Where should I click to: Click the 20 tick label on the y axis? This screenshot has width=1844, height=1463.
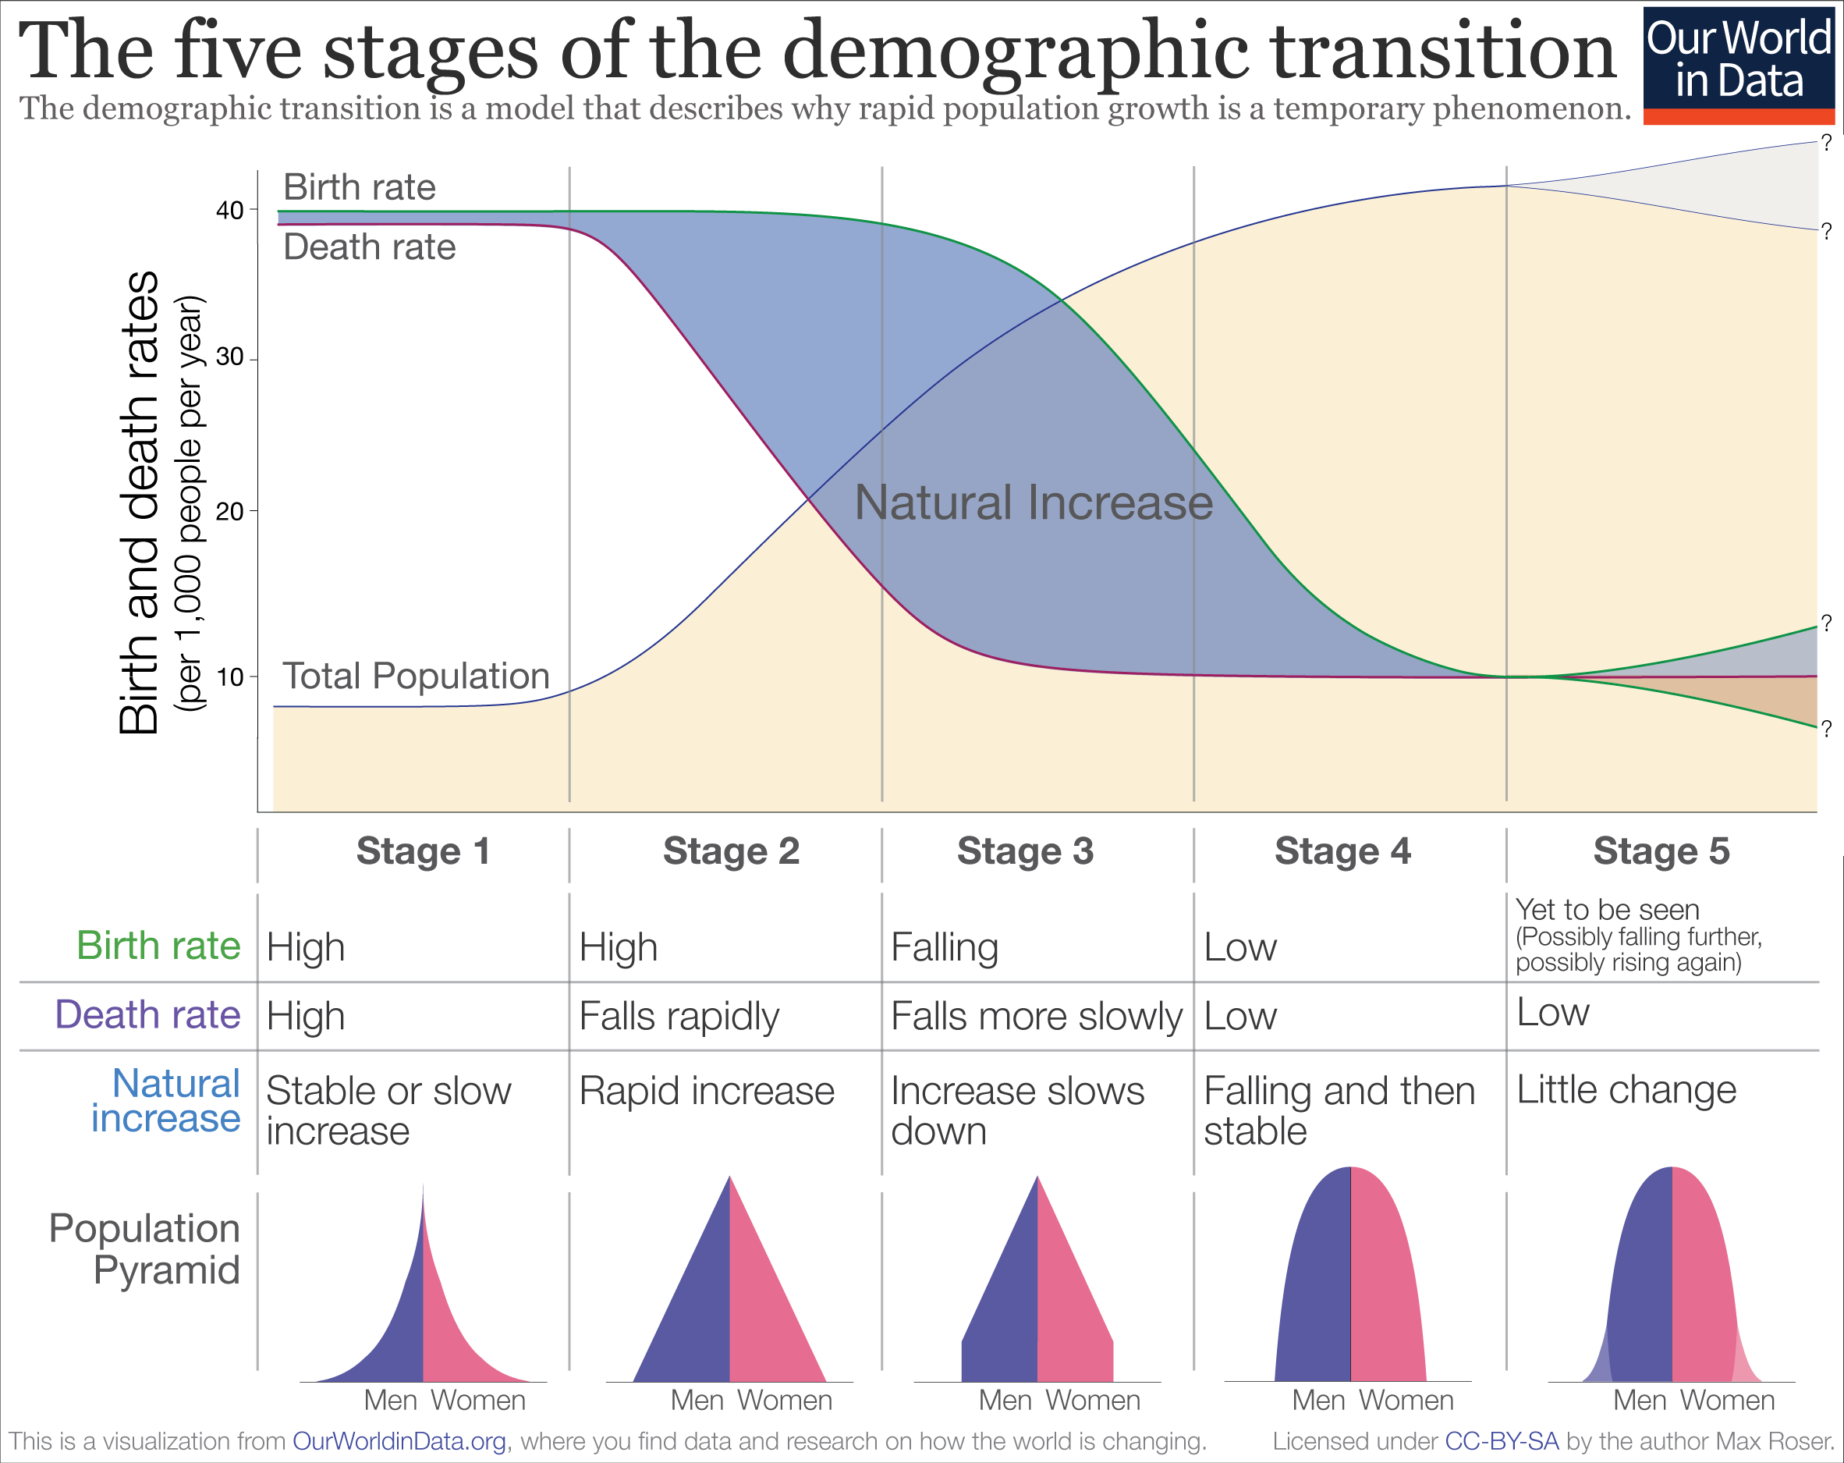229,512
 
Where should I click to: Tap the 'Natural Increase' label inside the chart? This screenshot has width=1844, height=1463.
1034,502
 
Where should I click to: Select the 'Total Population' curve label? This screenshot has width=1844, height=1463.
416,676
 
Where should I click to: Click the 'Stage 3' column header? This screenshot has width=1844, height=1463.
1025,851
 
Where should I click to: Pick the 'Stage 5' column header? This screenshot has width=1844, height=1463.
1661,851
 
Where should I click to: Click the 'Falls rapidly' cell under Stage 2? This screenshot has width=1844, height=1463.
679,1017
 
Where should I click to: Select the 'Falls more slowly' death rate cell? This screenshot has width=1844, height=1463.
1036,1017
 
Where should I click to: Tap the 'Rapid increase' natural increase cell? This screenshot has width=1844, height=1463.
707,1091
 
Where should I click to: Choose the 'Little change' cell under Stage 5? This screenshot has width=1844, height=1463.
1626,1090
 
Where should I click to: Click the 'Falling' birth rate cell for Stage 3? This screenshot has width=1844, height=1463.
945,948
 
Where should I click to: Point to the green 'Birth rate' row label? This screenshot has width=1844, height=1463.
158,946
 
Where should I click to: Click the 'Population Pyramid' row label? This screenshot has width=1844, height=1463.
145,1249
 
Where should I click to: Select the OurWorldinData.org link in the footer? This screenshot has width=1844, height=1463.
399,1442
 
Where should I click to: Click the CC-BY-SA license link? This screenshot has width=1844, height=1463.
1501,1442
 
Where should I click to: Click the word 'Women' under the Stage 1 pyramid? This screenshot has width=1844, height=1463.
477,1401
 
